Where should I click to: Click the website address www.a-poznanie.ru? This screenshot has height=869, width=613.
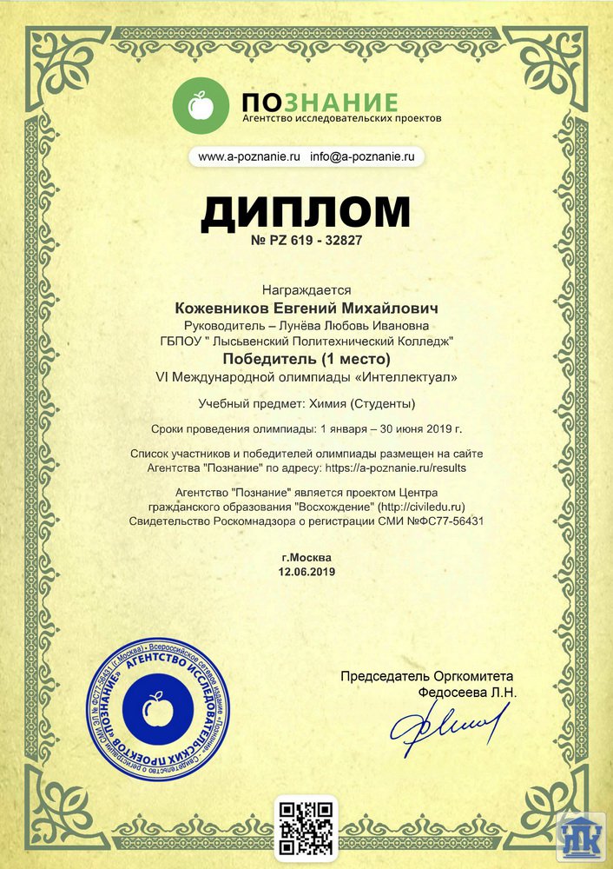249,157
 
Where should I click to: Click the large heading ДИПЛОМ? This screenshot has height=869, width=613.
306,213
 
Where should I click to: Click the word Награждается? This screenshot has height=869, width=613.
306,291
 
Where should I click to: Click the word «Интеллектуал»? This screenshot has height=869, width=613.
411,377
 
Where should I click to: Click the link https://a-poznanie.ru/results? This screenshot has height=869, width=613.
396,467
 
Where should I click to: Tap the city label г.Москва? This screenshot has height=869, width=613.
306,557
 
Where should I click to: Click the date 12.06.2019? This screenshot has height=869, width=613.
306,572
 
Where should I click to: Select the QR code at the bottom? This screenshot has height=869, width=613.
306,826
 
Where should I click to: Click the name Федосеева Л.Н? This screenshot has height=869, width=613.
467,693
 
